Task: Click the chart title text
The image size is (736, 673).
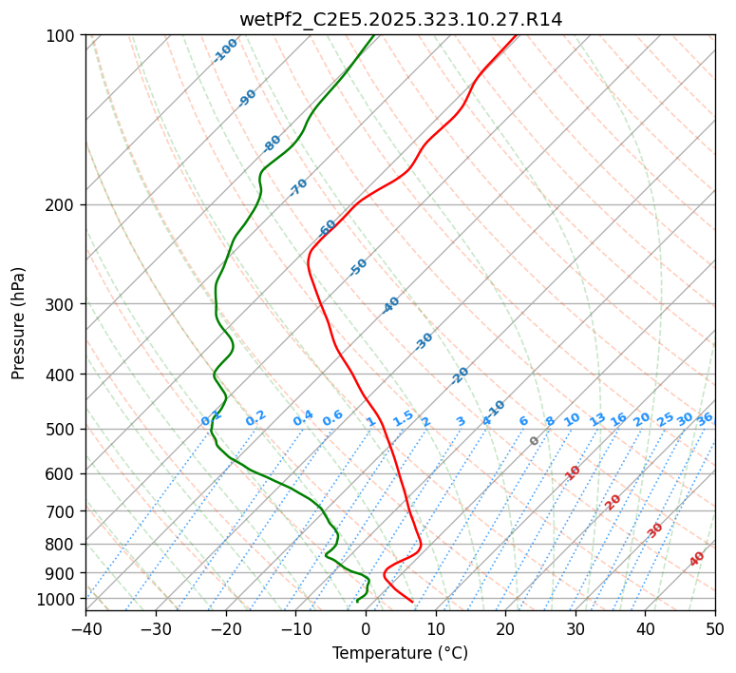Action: coord(400,19)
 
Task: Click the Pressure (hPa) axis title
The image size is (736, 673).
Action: coord(18,323)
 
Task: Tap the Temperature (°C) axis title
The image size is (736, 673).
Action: coord(400,654)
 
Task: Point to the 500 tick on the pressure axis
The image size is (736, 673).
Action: coord(63,430)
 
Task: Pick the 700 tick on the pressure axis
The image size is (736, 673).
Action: coord(63,511)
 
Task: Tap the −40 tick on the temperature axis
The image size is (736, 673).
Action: coord(85,628)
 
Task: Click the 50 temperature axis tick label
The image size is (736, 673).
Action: coord(715,628)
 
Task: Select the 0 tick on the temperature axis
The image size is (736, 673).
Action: coord(366,628)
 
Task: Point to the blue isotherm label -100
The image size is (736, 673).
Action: coord(226,49)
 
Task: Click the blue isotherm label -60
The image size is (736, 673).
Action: coord(328,228)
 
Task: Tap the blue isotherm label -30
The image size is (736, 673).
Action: coord(424,341)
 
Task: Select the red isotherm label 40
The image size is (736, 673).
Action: coord(697,559)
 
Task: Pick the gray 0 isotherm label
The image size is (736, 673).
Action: coord(535,441)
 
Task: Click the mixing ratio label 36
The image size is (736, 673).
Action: coord(705,418)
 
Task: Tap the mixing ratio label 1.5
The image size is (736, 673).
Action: coord(403,418)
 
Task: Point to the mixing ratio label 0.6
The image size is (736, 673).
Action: coord(332,419)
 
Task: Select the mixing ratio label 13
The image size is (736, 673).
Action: coord(597,419)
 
